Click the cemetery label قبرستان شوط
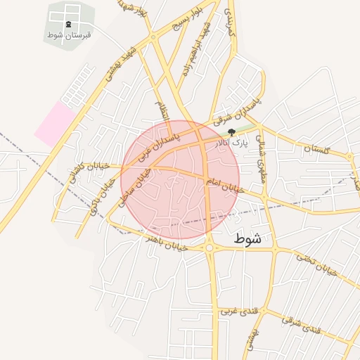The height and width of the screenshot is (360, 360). coord(68,34)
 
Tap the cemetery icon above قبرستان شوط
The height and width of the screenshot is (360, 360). coord(68,24)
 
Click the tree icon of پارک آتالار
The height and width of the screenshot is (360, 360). coord(231,132)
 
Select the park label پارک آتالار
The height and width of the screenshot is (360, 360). coord(231,143)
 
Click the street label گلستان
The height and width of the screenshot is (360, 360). coord(316,149)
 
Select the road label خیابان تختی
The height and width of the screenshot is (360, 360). coord(316,264)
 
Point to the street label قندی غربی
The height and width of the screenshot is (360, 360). coord(235,310)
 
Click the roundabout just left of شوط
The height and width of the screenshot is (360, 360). coord(210,247)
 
